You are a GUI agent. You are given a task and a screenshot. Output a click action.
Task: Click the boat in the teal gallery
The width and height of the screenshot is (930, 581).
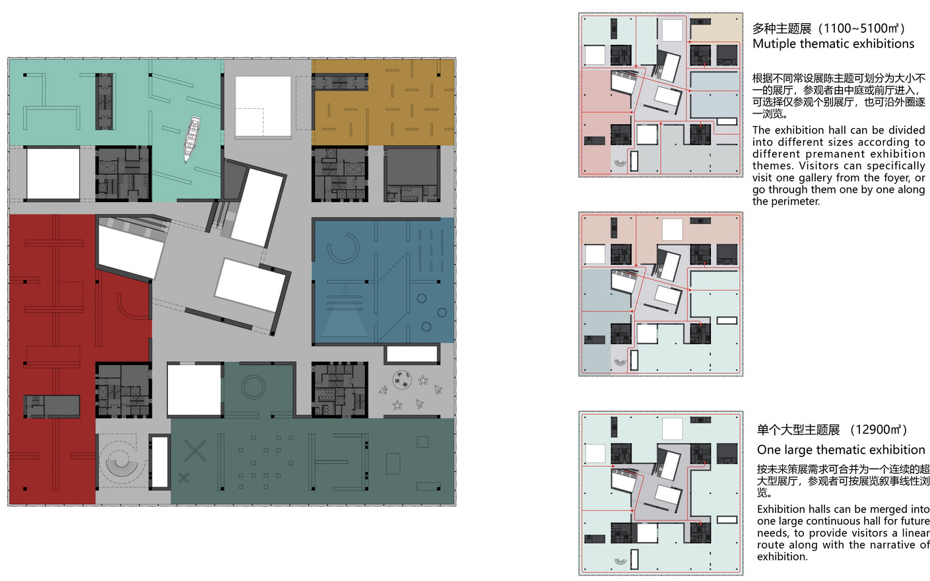coord(192,139)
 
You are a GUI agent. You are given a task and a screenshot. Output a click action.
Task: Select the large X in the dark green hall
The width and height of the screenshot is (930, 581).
coord(195,451)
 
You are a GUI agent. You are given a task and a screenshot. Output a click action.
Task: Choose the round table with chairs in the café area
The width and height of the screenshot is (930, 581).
coord(402,380)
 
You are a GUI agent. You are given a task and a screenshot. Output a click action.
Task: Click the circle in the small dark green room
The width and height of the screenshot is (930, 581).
coord(253,387)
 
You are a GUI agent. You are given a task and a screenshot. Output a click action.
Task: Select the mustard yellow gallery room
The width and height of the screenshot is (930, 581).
coord(383,102)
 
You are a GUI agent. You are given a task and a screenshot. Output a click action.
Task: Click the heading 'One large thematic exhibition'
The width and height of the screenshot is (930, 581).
coord(841,450)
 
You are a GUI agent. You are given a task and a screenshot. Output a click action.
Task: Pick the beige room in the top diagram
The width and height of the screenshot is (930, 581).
coord(715,28)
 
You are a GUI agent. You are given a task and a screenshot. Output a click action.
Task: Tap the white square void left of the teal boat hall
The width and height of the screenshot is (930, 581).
coord(53,174)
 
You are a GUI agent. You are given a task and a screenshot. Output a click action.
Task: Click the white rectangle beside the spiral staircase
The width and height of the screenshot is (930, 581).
coord(159,462)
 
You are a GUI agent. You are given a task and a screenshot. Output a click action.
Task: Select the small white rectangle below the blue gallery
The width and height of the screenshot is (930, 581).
coord(413,355)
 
